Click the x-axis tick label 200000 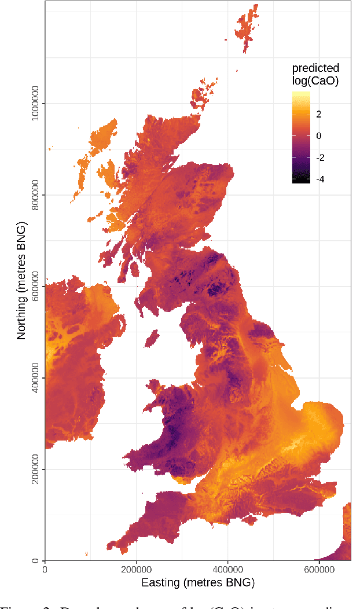coord(137,570)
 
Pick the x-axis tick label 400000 coord(228,570)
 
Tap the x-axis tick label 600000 coord(320,570)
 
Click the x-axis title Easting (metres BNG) coord(198,582)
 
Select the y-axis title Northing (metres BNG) coord(21,281)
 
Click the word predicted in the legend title coord(315,68)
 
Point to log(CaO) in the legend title coord(315,81)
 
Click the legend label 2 coord(318,114)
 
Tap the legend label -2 coord(319,157)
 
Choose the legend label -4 coord(319,179)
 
